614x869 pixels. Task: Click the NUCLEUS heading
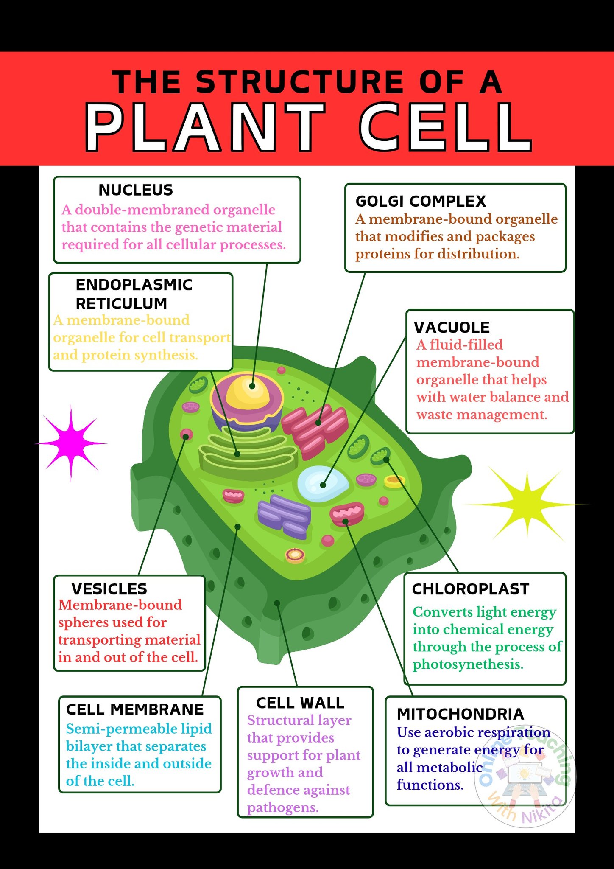tap(136, 190)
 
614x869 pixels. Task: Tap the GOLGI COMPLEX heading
tap(421, 201)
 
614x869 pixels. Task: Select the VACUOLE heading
tap(452, 327)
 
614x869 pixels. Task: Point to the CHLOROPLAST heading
tap(471, 589)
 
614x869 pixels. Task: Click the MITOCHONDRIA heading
tap(460, 714)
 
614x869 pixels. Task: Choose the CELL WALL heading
tap(300, 703)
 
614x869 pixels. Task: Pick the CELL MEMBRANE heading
tap(135, 709)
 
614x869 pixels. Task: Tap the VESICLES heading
tap(109, 589)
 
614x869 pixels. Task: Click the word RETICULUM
tap(121, 304)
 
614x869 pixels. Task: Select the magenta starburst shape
tap(71, 443)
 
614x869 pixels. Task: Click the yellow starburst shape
tap(527, 505)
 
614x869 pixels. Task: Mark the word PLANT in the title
tap(205, 127)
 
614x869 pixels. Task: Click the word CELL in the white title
tap(445, 127)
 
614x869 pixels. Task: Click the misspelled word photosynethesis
tap(468, 664)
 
